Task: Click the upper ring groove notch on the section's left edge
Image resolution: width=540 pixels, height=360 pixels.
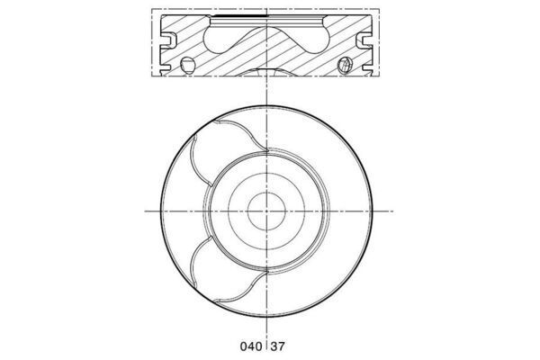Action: point(167,39)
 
